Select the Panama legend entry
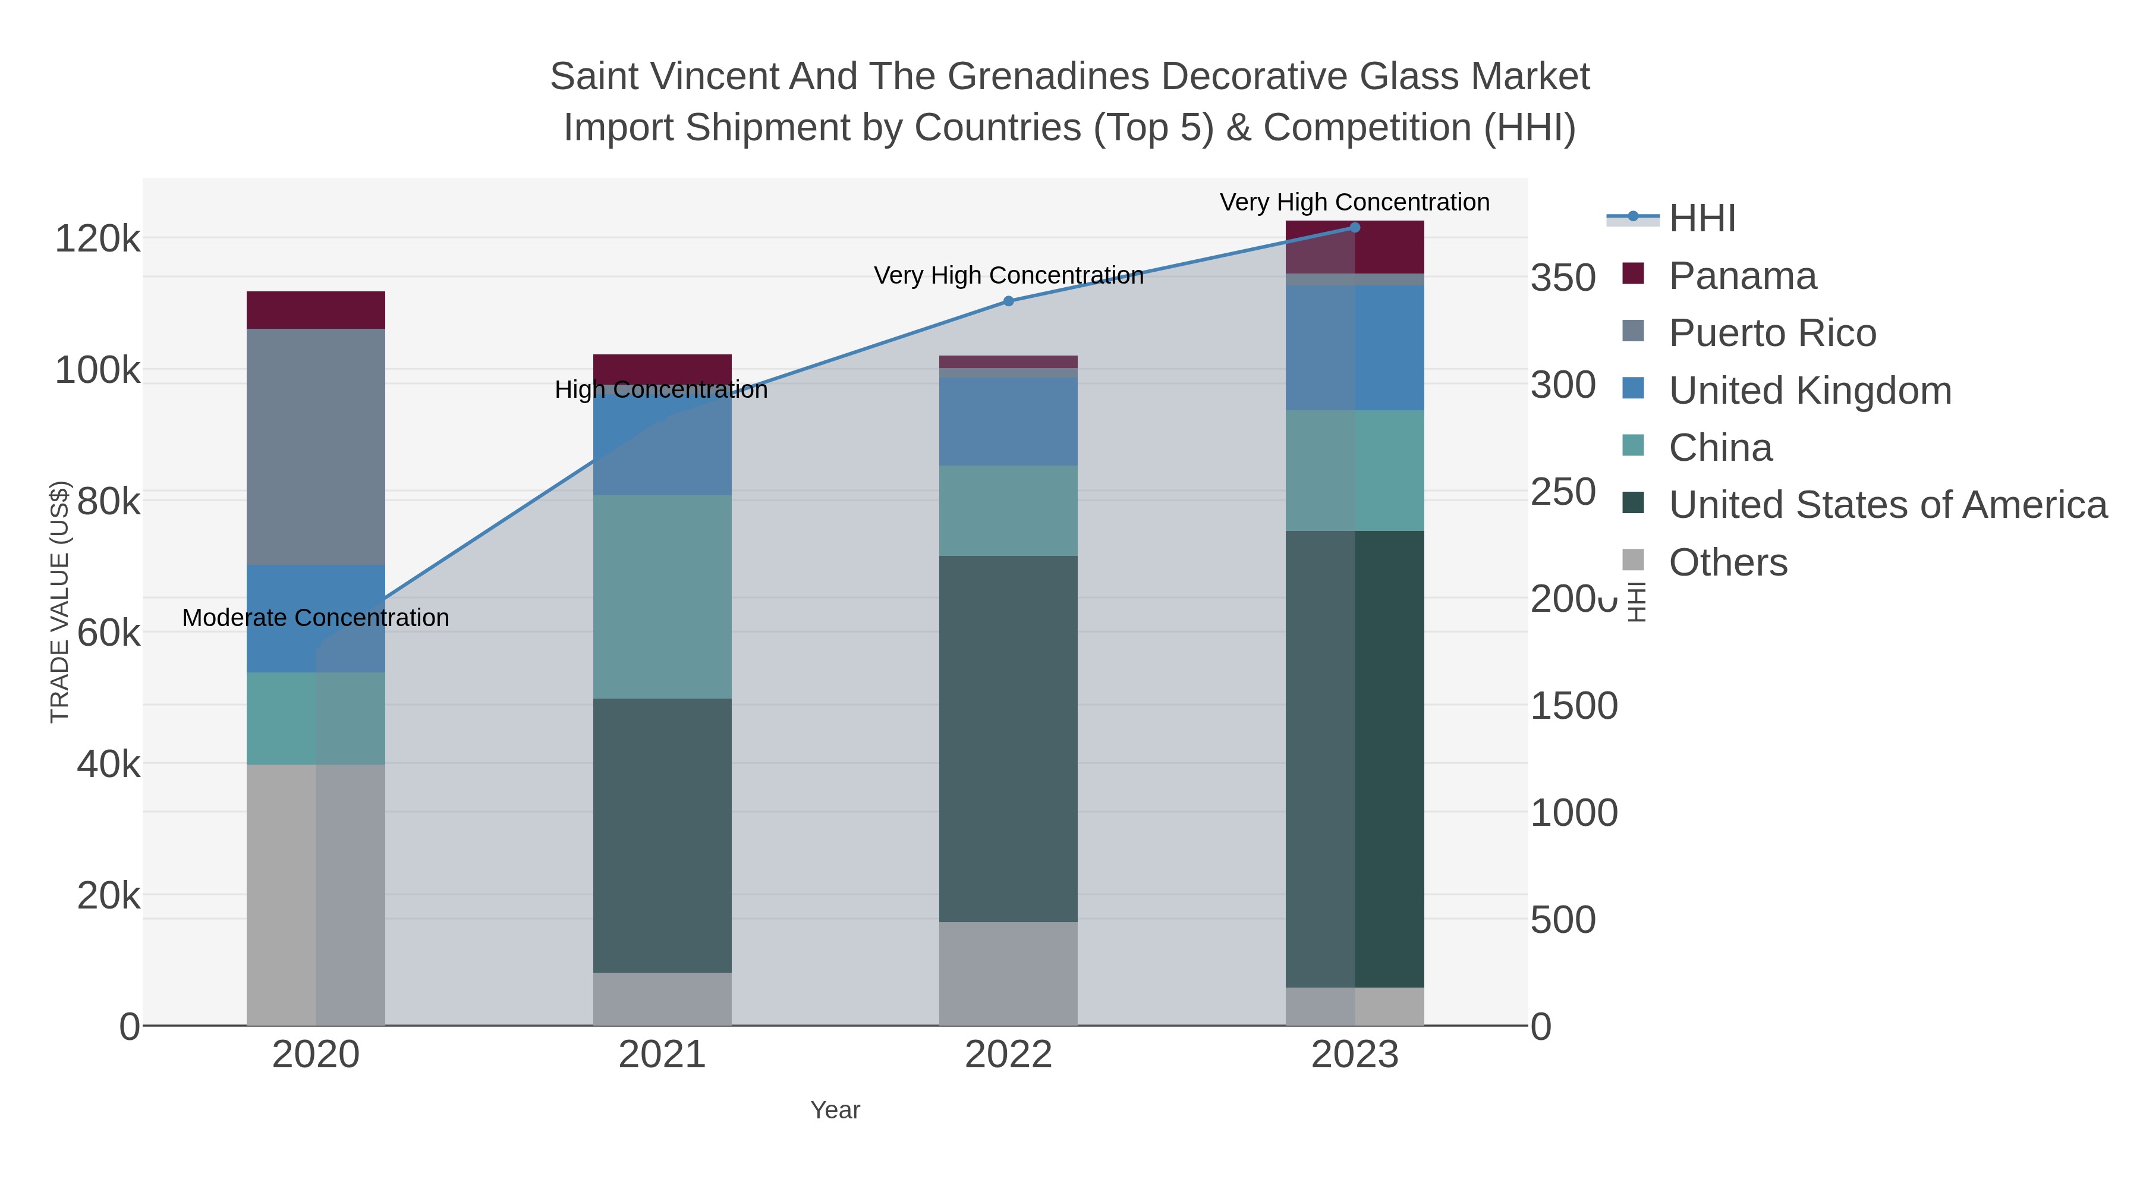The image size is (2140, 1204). [1742, 276]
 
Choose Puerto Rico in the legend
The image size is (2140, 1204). [1772, 333]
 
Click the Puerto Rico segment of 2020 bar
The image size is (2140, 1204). [316, 446]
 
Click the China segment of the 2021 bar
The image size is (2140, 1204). [662, 596]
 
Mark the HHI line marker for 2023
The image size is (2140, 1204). [1355, 228]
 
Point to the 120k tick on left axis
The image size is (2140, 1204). [97, 239]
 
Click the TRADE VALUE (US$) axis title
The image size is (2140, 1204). [60, 602]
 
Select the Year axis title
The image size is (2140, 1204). [835, 1110]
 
